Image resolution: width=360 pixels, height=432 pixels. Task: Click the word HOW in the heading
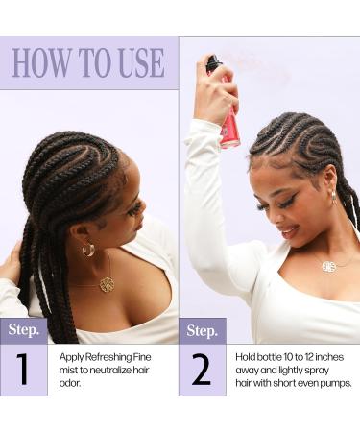tap(41, 62)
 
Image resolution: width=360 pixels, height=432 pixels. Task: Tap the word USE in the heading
tap(135, 62)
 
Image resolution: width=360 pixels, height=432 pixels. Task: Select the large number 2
tap(202, 370)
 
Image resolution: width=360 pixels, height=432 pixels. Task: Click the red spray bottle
tap(228, 120)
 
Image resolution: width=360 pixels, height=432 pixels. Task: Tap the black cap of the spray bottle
tap(213, 64)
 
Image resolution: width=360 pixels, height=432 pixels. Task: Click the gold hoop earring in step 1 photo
tap(88, 250)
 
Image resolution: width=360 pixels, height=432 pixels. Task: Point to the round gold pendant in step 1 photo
tap(107, 284)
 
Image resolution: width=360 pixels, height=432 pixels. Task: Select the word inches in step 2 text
tap(322, 357)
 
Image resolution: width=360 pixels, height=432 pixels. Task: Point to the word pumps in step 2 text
tap(334, 382)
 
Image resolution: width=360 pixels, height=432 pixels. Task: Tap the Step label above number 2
tap(202, 330)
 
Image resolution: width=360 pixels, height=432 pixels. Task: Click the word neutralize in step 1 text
tap(112, 370)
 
